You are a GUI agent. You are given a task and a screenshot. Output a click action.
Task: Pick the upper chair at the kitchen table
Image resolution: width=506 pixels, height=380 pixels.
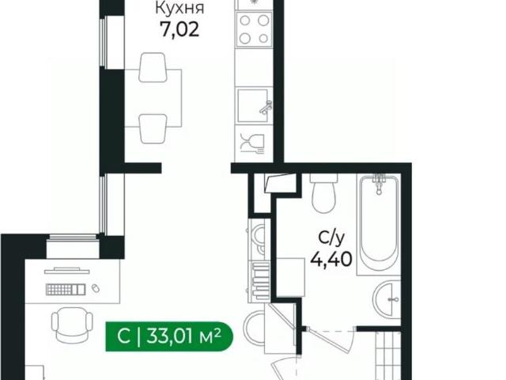tap(153, 68)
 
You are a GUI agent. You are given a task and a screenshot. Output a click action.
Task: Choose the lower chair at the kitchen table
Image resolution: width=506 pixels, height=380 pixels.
tap(153, 126)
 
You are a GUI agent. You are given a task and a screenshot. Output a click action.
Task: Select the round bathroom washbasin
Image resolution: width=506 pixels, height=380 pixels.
tap(387, 298)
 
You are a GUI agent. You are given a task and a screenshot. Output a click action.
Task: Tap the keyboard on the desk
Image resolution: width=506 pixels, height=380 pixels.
tap(64, 290)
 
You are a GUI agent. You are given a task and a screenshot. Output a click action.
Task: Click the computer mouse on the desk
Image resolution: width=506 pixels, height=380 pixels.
tap(95, 288)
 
